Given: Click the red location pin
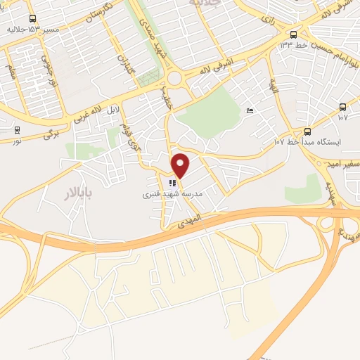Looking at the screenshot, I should [x=181, y=166].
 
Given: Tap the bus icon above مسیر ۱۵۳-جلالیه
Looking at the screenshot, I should [x=32, y=19].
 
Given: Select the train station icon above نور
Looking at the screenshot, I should [x=16, y=130].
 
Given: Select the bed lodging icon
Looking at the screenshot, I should [x=250, y=110].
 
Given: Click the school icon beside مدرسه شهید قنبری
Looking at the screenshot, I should [x=172, y=183].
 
